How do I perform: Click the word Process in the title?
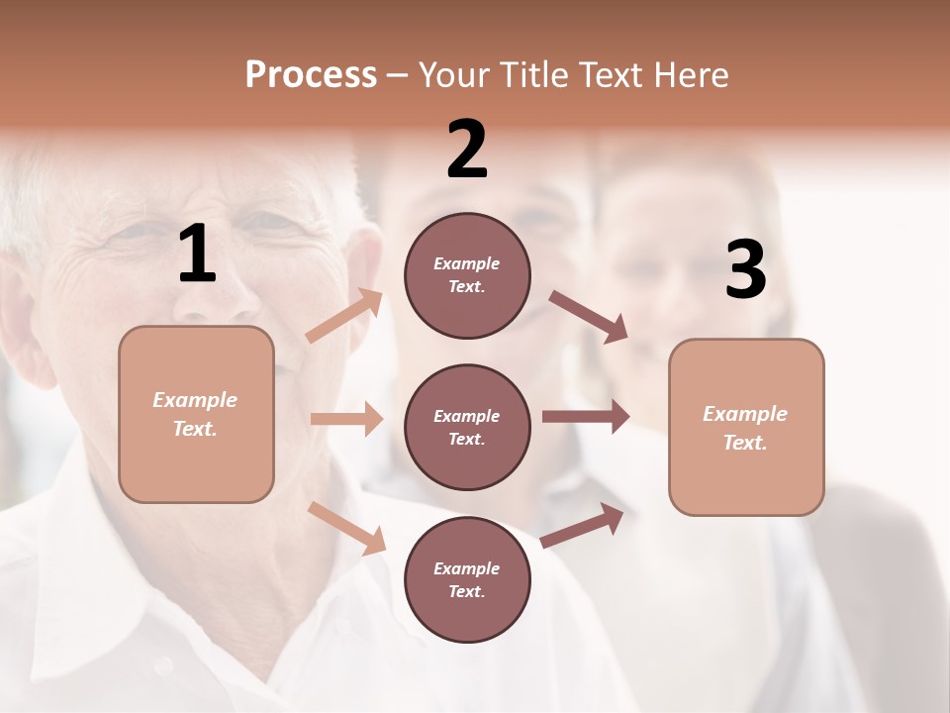311,75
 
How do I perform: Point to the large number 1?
197,255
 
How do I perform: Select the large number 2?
467,150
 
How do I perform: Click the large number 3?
745,271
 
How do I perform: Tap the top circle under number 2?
467,275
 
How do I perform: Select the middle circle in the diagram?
467,427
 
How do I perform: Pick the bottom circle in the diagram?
467,579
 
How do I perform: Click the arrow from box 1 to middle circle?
346,419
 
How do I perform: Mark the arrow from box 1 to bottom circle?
347,527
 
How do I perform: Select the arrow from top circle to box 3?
589,317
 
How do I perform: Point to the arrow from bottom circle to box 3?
583,526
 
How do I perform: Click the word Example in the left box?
195,400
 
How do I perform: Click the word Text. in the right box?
745,443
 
